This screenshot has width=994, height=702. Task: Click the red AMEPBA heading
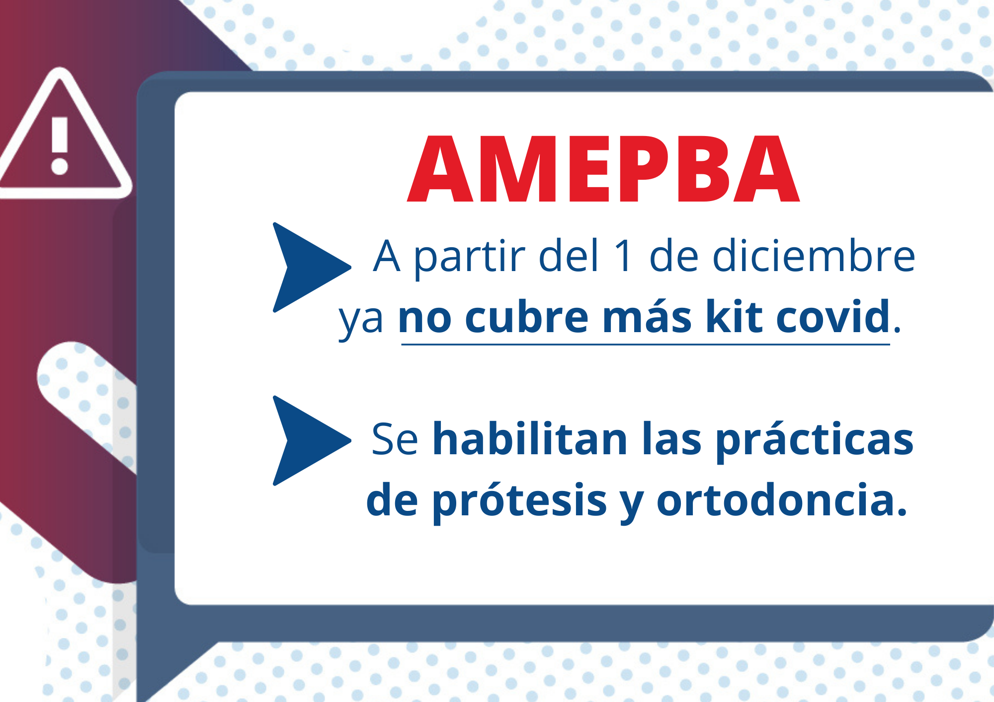click(603, 169)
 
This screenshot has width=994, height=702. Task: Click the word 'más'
click(647, 316)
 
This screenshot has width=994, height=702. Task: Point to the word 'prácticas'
click(815, 441)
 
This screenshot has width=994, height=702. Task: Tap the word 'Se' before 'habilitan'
click(395, 439)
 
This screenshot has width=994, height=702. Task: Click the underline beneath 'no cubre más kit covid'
click(646, 344)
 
